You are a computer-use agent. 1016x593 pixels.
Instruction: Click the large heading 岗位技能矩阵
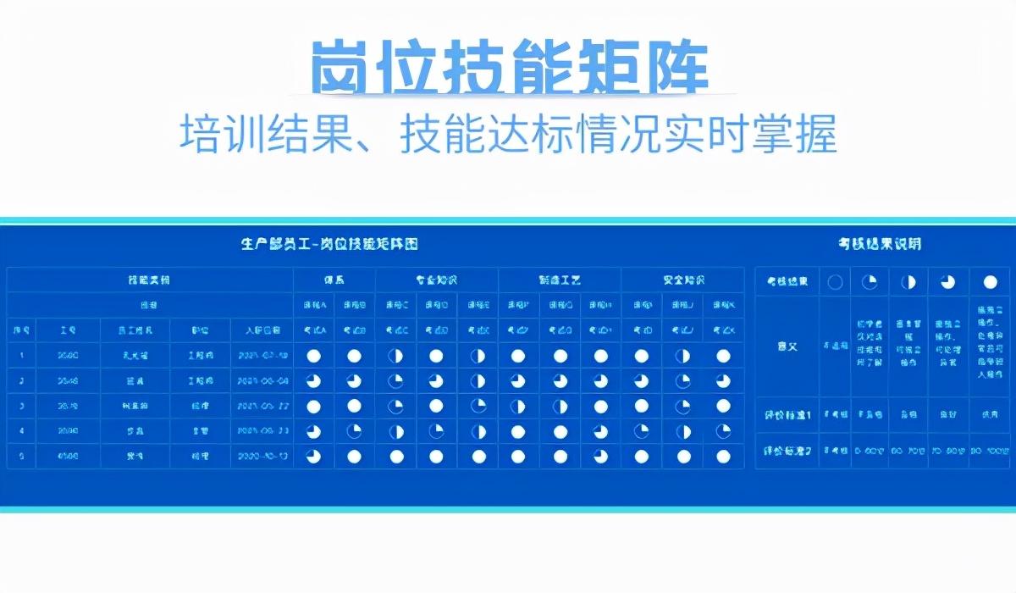point(508,67)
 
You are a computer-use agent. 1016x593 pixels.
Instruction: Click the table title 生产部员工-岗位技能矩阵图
point(329,245)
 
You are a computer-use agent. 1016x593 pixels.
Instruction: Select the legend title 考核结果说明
point(880,245)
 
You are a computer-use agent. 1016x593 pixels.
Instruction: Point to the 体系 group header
point(334,280)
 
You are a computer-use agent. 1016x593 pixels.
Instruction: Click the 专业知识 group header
point(436,280)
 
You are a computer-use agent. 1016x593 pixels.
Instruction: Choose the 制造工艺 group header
point(559,280)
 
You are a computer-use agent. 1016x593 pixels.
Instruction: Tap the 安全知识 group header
point(682,280)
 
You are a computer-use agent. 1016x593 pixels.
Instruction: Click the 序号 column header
point(20,330)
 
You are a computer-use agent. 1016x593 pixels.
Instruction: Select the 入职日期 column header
point(262,330)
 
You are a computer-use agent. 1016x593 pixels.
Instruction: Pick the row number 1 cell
point(20,357)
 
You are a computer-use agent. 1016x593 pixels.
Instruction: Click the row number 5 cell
point(20,457)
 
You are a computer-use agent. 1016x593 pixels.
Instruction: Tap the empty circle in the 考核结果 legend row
point(835,282)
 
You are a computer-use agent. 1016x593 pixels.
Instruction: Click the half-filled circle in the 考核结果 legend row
point(908,282)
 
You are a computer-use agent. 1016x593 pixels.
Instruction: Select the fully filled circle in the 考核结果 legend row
point(990,282)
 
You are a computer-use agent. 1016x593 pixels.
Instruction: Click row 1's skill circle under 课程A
point(313,357)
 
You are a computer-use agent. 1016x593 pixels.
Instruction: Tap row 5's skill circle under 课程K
point(723,457)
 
